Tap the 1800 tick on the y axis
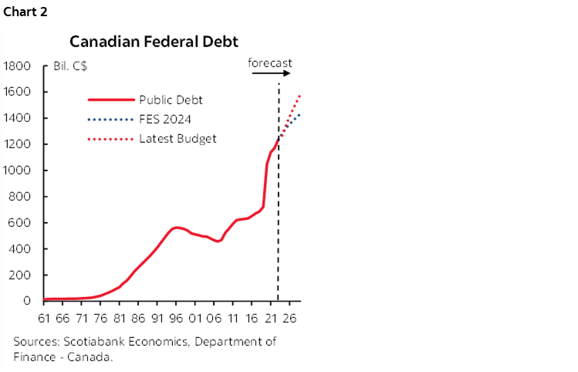pos(17,66)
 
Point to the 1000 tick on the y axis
pos(17,171)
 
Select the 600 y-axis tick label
pos(20,223)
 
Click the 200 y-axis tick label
pos(20,276)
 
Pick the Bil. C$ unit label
pos(70,66)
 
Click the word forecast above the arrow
pos(270,62)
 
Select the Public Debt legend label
pos(171,100)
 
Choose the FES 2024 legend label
pos(166,119)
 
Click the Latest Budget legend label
pos(177,138)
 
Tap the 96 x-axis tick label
pos(177,316)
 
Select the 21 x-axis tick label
pos(271,316)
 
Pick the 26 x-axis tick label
pos(289,316)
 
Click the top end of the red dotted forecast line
pos(299,96)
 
